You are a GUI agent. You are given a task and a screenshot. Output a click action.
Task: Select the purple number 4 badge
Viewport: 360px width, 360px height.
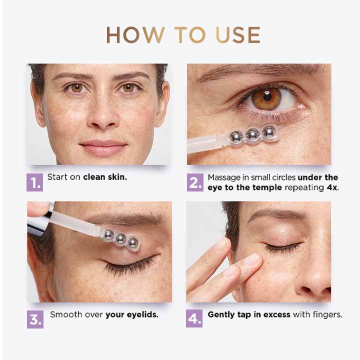[194, 319]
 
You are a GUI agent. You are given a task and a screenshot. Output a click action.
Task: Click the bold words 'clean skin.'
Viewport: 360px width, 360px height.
[105, 177]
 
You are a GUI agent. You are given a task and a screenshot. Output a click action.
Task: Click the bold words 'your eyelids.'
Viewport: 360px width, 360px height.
[132, 315]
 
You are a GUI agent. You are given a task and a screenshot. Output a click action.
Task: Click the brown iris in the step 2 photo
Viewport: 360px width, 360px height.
[266, 99]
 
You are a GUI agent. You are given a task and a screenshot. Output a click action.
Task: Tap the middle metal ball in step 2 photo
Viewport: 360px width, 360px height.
[253, 134]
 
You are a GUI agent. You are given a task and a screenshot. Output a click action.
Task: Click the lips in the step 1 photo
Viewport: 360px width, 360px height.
[103, 148]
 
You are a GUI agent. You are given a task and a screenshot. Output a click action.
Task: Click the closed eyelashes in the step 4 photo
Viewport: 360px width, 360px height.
[283, 247]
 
